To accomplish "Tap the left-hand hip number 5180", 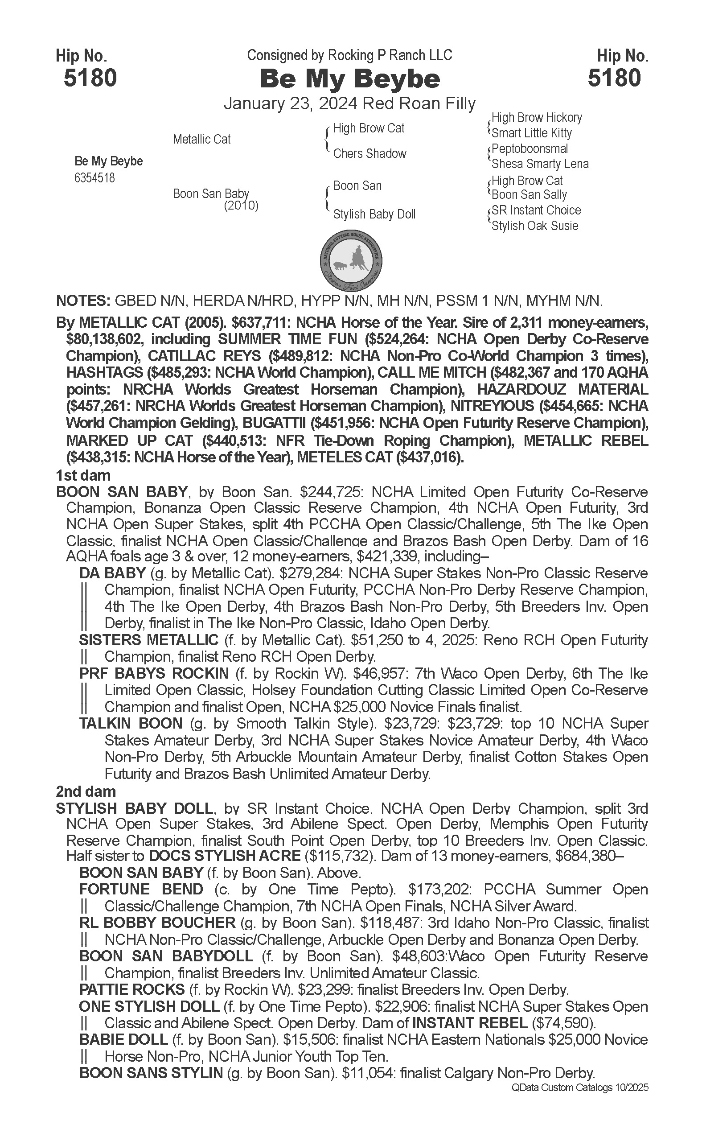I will pyautogui.click(x=90, y=78).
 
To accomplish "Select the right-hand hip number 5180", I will pyautogui.click(x=614, y=78).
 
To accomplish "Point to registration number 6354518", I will pyautogui.click(x=94, y=178).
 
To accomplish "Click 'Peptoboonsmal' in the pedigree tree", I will pyautogui.click(x=530, y=148).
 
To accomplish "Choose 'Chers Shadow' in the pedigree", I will pyautogui.click(x=369, y=154).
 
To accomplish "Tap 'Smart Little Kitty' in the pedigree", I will pyautogui.click(x=531, y=133).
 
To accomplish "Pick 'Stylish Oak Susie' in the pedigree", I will pyautogui.click(x=534, y=226).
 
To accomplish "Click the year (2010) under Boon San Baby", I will pyautogui.click(x=241, y=205).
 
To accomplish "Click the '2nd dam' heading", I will pyautogui.click(x=86, y=791).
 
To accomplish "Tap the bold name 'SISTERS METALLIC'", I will pyautogui.click(x=148, y=640).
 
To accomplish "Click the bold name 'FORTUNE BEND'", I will pyautogui.click(x=141, y=890).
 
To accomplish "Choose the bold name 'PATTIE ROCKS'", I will pyautogui.click(x=132, y=990).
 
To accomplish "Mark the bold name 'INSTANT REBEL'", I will pyautogui.click(x=469, y=1023).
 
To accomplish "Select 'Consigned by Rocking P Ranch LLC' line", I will pyautogui.click(x=349, y=56).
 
